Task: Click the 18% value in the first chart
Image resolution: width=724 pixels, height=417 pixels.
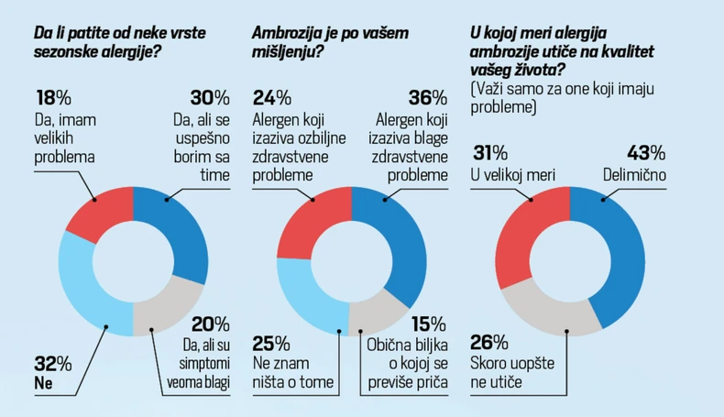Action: pyautogui.click(x=52, y=98)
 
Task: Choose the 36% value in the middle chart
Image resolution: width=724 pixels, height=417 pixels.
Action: pyautogui.click(x=428, y=98)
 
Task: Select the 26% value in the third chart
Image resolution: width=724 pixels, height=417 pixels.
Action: pyautogui.click(x=488, y=343)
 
